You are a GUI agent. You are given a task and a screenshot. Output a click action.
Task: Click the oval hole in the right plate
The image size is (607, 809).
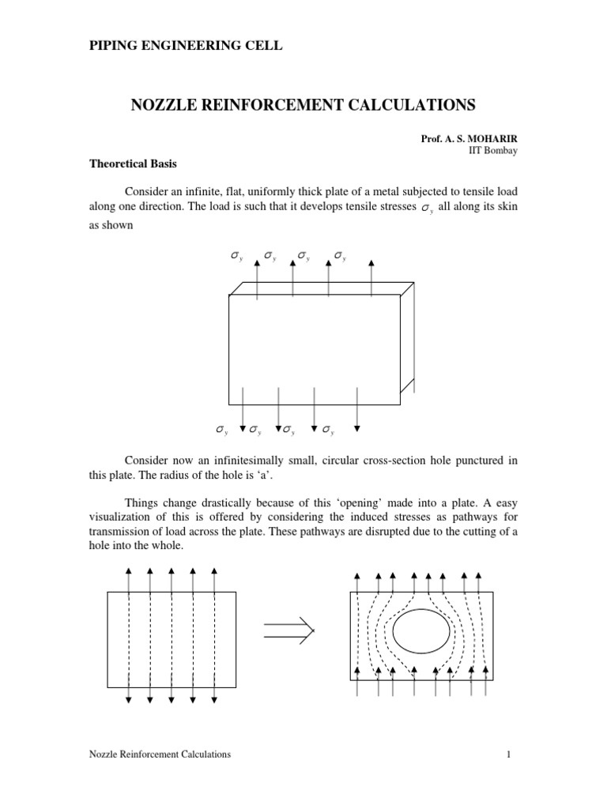coord(421,631)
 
